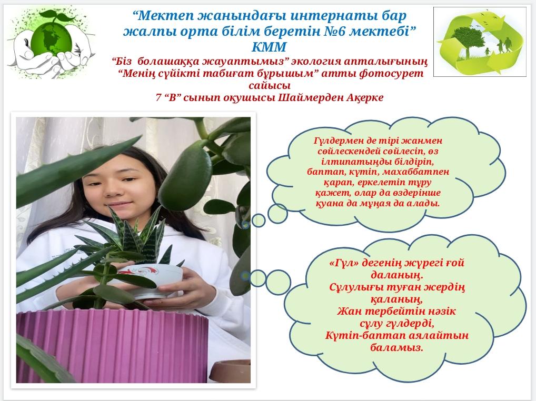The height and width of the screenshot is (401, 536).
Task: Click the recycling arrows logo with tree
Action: (480, 42)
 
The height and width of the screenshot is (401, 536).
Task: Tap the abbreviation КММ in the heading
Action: (269, 47)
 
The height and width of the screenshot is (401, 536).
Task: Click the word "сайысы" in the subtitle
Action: (270, 85)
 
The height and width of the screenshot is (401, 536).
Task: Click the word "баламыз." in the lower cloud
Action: (397, 348)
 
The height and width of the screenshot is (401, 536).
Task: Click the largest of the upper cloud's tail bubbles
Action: (277, 214)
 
